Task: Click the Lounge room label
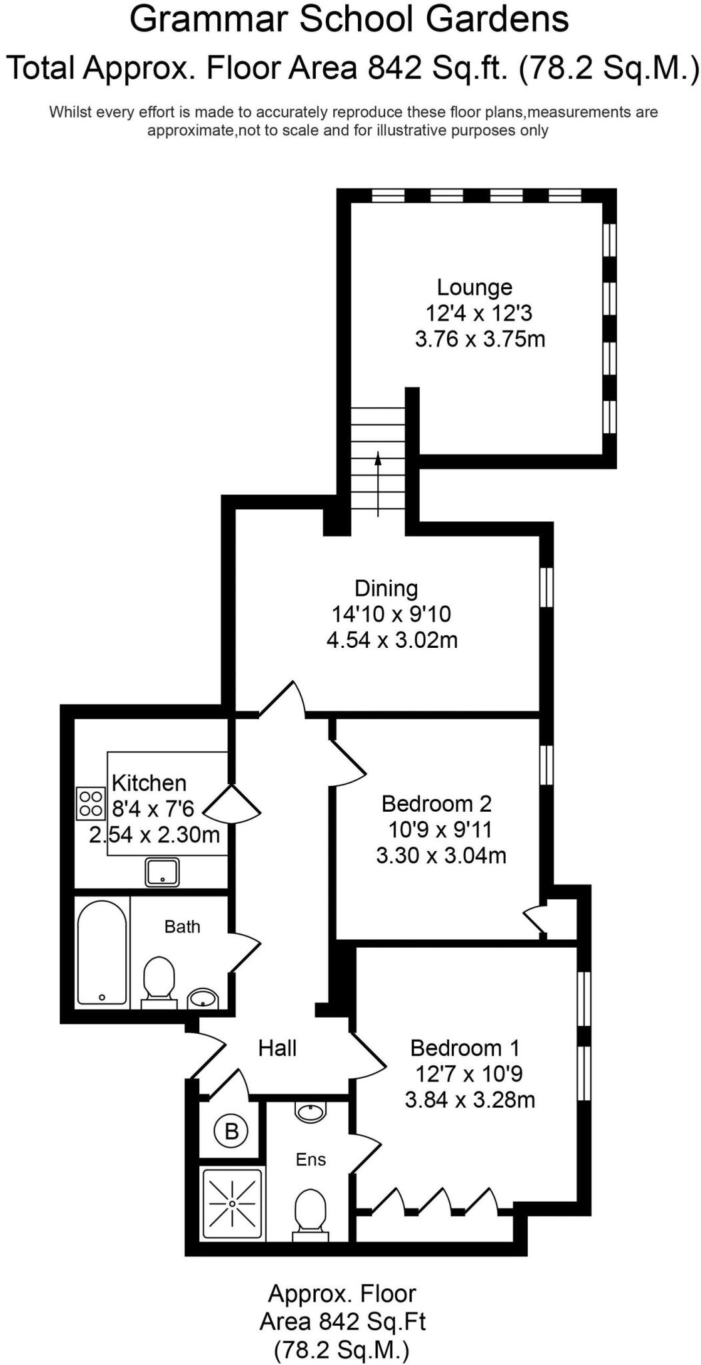(474, 287)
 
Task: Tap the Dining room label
(386, 589)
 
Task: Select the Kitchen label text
(149, 782)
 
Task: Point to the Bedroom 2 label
(436, 804)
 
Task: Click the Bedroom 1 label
(464, 1048)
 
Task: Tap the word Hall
(277, 1048)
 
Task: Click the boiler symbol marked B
(231, 1130)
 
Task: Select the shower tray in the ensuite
(232, 1203)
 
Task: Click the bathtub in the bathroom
(102, 952)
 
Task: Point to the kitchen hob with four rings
(91, 803)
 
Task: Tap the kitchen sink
(163, 872)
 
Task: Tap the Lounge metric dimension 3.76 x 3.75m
(480, 339)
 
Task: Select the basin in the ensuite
(311, 1112)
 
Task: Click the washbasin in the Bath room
(203, 998)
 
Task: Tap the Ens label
(311, 1159)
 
